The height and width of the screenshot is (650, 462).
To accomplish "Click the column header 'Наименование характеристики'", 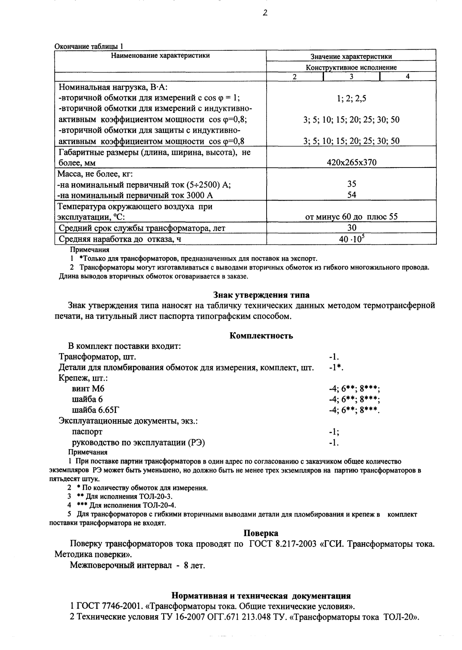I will coord(160,56).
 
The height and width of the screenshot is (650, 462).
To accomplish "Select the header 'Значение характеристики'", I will coord(351,57).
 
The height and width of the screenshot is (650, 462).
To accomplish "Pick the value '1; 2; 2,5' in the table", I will coord(351,99).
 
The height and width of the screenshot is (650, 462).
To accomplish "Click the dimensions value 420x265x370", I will coord(352,162).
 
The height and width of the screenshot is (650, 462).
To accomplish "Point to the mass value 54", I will coord(352,195).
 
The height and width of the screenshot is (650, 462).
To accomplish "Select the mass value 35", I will coord(352,184).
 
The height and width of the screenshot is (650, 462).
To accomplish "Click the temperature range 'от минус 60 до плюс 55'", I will coord(352,217).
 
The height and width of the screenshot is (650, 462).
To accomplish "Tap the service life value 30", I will coord(352,228).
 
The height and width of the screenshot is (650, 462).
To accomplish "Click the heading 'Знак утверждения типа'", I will coord(261,295).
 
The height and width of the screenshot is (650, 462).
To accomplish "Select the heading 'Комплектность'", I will coord(261,336).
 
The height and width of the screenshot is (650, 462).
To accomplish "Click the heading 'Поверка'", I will coord(261,533).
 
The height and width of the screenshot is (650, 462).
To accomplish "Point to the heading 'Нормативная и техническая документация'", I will coord(261,595).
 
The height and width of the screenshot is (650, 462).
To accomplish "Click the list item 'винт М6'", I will coord(88,389).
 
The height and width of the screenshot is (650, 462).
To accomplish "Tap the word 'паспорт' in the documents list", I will coord(87,432).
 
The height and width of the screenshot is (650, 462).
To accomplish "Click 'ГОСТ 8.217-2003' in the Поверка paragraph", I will coord(283,544).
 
